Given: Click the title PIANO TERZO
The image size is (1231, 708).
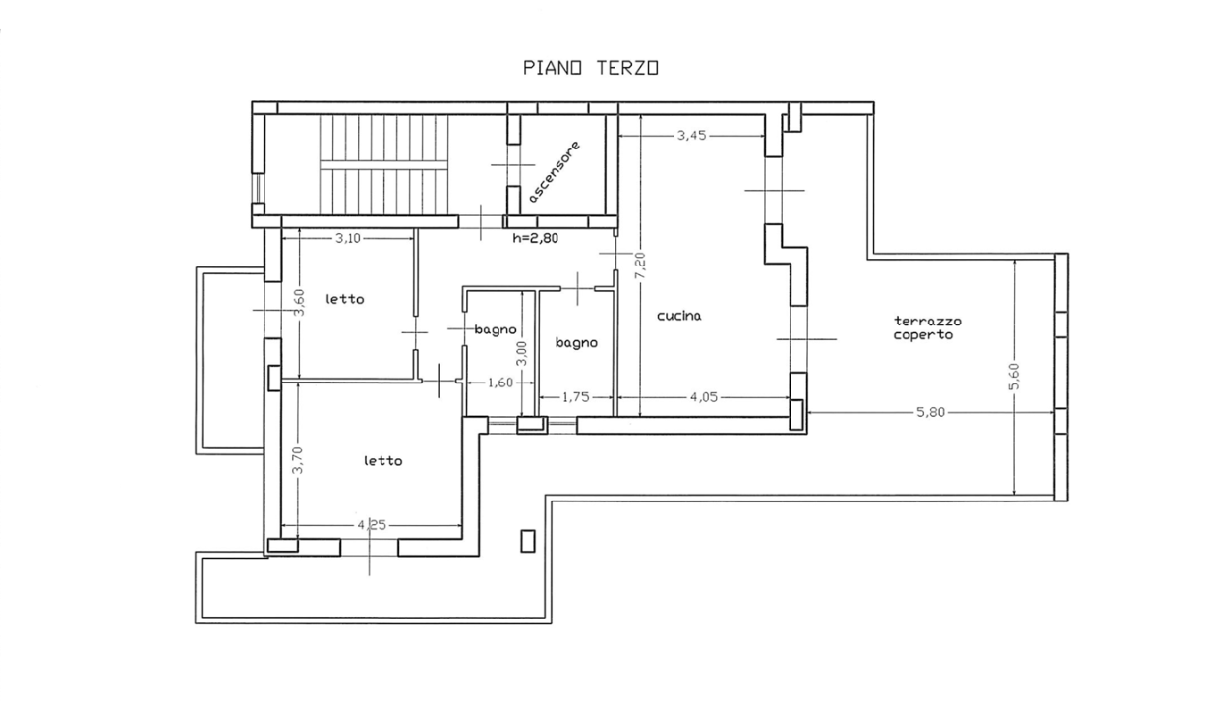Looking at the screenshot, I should pos(590,68).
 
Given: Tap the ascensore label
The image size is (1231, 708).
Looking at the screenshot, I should pos(555,171).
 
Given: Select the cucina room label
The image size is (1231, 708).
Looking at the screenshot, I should pos(678,316).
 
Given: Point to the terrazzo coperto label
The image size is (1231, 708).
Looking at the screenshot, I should pos(927,327).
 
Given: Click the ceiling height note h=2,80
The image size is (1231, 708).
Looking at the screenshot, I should pos(536,237).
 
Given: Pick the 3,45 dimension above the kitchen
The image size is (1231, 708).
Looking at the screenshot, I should pos(691,136).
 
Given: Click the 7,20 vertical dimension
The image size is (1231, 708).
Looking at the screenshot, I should pos(639,265).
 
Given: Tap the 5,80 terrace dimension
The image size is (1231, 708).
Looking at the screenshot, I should pos(930,412).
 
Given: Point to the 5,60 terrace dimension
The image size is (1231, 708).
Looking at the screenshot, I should pos(1014,377).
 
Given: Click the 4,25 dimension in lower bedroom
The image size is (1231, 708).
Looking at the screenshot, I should pos(371,525).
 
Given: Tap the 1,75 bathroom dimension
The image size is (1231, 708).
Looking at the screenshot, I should pos(575,398).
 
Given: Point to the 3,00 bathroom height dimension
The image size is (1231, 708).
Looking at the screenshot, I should pos(522,351).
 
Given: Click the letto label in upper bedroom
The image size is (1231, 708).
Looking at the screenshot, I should pos(345,299).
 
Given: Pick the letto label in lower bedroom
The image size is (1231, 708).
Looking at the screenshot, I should pos(381,460).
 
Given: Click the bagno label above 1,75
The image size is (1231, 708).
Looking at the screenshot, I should pos(575,343).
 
